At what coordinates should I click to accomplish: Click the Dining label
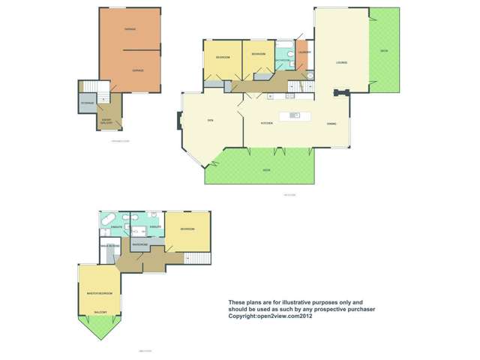pyautogui.click(x=331, y=123)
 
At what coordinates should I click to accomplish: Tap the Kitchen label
pyautogui.click(x=266, y=123)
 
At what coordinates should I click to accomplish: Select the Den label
pyautogui.click(x=211, y=120)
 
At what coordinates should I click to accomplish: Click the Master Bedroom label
pyautogui.click(x=99, y=292)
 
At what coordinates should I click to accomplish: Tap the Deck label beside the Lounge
pyautogui.click(x=383, y=51)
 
